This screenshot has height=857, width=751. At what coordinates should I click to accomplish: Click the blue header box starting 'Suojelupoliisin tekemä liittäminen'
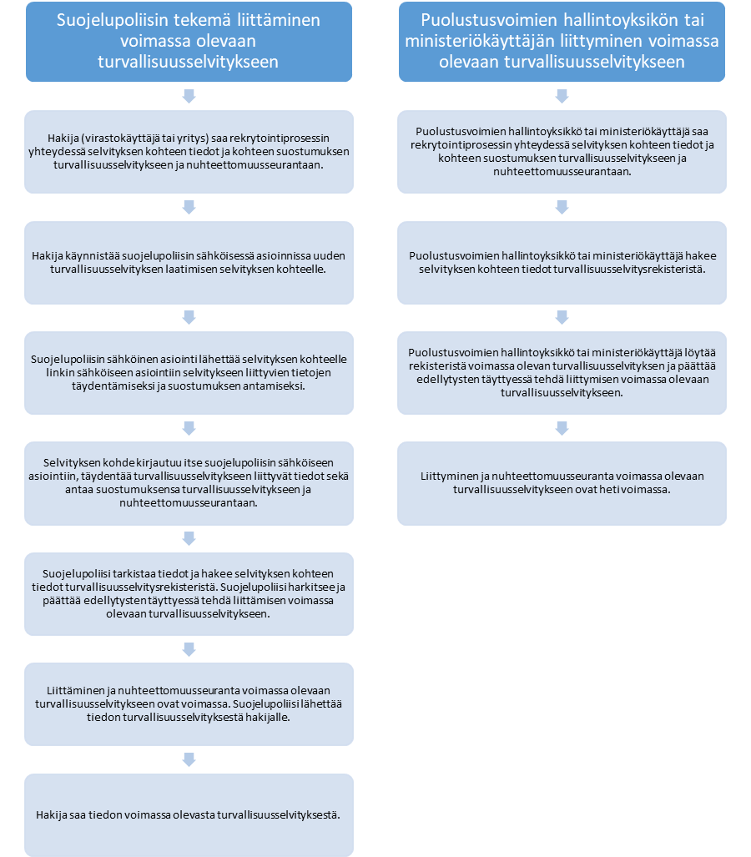coord(189,42)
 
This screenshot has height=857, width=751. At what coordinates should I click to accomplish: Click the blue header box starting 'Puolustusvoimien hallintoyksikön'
coord(562,42)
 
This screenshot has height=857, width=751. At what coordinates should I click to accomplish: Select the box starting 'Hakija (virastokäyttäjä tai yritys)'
coord(189,152)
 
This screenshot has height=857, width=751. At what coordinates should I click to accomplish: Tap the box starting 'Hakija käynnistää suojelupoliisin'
coord(189,263)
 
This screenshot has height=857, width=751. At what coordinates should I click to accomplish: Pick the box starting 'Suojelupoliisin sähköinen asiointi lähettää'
coord(189,373)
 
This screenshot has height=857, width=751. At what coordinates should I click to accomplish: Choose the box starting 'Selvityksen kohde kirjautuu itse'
coord(189,483)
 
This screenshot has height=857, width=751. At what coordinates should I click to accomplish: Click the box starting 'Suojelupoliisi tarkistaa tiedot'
coord(189,593)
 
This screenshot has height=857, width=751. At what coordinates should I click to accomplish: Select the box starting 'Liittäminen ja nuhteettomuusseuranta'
coord(189,704)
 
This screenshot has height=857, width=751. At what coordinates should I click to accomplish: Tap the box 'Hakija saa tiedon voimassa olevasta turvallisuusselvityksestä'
coord(189,815)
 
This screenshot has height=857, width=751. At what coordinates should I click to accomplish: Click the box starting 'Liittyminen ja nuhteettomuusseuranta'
coord(562,483)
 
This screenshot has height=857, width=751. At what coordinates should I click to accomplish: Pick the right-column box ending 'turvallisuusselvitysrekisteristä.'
coord(562,263)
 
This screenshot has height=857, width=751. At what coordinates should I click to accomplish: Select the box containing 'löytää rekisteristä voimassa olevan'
coord(562,373)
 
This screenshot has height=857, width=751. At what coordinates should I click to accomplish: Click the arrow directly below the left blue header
coord(189,96)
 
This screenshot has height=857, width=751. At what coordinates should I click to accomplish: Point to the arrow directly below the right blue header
coord(562,96)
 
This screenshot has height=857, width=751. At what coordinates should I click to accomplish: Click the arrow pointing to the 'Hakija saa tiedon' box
coord(189,759)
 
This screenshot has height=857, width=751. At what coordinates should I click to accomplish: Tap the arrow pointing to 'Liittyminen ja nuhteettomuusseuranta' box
coord(562,428)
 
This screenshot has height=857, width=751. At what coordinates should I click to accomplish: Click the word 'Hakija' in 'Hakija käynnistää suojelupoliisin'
coord(47,256)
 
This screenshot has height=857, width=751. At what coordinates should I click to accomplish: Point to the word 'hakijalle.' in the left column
coord(268,717)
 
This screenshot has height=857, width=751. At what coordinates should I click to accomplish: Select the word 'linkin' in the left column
coord(60,373)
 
